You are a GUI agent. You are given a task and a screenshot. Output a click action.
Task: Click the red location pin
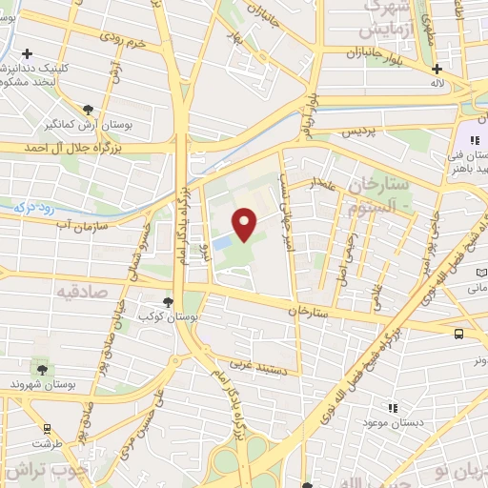coord(246,225)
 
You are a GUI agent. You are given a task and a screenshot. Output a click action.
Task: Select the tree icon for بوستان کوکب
coord(169,301)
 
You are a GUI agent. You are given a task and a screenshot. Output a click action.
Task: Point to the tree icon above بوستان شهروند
coord(41,367)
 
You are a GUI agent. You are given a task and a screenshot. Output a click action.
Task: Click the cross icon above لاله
coord(437,69)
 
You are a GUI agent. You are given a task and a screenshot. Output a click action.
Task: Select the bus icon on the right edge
coord(459,334)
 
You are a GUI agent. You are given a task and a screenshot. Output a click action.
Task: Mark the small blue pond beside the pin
coord(222,244)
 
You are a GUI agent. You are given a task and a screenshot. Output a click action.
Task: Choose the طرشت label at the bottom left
coord(42,444)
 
